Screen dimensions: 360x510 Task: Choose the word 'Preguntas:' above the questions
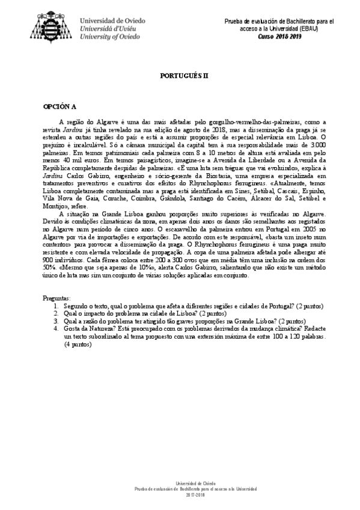click(56, 298)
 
